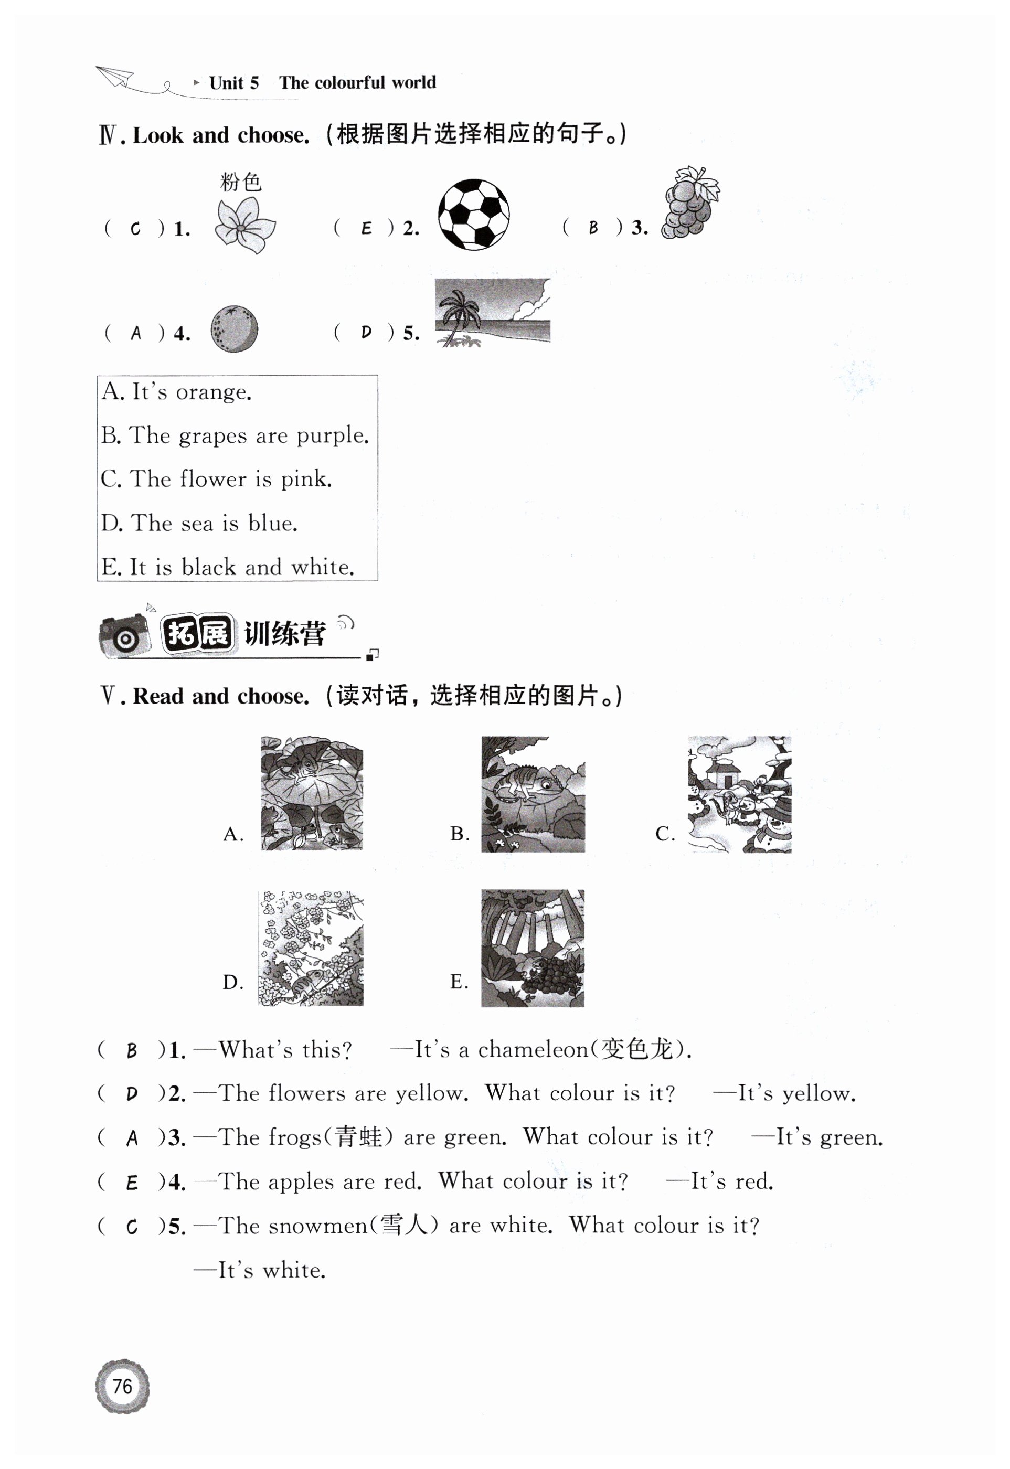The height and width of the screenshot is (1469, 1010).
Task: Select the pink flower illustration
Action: click(x=245, y=225)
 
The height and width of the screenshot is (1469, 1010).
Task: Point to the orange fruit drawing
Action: click(x=234, y=328)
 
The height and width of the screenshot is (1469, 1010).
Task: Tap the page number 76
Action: click(x=122, y=1386)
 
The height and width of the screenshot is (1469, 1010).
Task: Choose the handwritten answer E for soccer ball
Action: click(x=366, y=228)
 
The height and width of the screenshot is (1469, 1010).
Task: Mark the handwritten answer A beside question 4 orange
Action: click(x=135, y=333)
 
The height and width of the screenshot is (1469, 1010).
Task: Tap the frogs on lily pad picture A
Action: click(x=312, y=793)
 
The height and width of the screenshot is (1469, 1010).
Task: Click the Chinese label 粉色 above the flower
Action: click(x=240, y=182)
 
